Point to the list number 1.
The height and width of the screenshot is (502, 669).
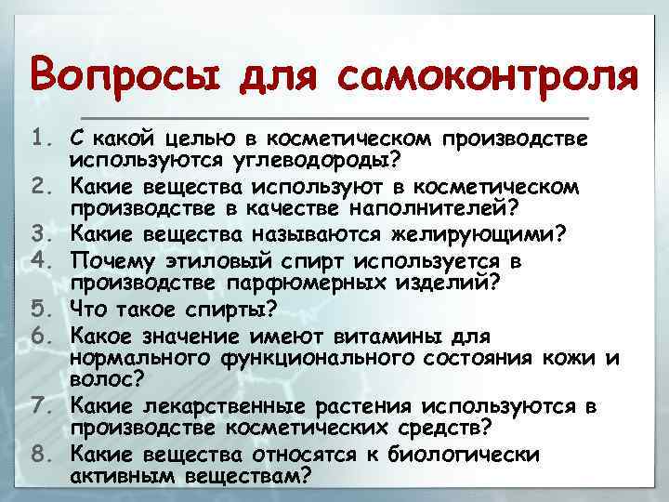[44, 139]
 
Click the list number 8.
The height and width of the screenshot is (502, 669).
[44, 455]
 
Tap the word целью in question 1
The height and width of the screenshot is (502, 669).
[196, 139]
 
